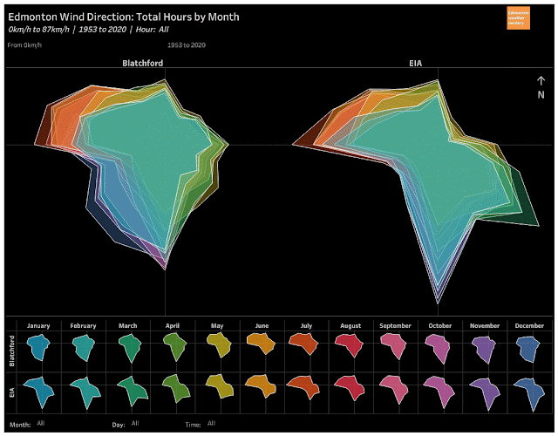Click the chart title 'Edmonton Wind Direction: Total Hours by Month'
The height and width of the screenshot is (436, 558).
(x=123, y=17)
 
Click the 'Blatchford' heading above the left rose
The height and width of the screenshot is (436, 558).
(x=141, y=64)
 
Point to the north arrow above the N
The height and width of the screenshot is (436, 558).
(x=541, y=81)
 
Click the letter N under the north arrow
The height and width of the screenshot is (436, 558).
(x=541, y=94)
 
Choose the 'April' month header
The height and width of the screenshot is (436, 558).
(x=173, y=325)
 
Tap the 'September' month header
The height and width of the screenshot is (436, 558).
(x=395, y=325)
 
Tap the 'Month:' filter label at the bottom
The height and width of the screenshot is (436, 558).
(x=20, y=424)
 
